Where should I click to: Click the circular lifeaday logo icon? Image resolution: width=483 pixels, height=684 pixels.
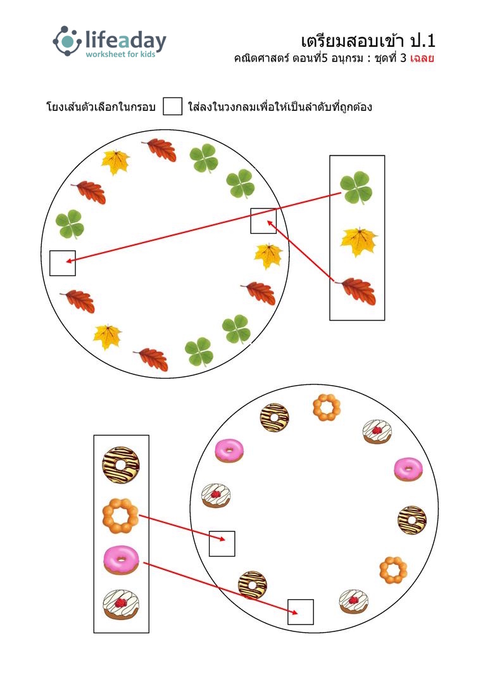coord(67,41)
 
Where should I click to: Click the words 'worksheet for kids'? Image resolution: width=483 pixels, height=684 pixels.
coord(120,54)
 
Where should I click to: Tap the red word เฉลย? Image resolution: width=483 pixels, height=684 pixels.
coord(422,58)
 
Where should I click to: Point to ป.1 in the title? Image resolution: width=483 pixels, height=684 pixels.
coord(422,41)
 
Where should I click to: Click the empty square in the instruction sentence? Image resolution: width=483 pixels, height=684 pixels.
coord(172,106)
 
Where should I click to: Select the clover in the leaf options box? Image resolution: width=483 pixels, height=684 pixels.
coord(356,187)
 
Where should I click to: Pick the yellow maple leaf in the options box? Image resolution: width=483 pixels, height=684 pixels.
coord(359,242)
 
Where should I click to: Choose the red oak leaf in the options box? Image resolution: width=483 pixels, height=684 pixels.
coord(356,291)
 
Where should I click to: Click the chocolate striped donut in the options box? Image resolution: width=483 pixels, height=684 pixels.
coord(121,465)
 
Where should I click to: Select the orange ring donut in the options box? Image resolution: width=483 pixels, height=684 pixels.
coord(120,516)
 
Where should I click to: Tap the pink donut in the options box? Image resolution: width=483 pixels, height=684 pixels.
coord(121,560)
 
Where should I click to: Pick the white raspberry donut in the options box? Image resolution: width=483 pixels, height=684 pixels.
coord(121,605)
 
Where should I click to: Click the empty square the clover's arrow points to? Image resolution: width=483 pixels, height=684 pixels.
coord(63,263)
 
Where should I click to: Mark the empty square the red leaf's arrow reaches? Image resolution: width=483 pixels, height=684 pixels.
coord(263,221)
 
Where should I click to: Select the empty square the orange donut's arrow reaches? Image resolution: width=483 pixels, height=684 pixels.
coord(222,543)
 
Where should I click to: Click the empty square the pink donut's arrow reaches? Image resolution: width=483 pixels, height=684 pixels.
coord(300,612)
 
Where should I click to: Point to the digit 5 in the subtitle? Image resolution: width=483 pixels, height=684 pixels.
coord(324,58)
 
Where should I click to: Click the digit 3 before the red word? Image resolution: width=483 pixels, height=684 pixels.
coord(403,58)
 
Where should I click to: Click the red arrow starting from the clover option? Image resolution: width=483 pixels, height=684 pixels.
coord(203,228)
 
